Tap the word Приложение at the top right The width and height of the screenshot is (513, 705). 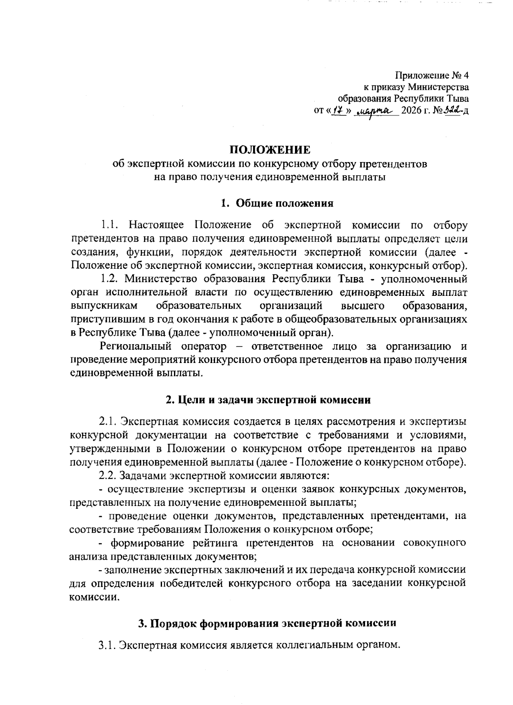coord(421,76)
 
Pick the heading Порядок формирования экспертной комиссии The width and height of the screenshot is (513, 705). coord(267,623)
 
